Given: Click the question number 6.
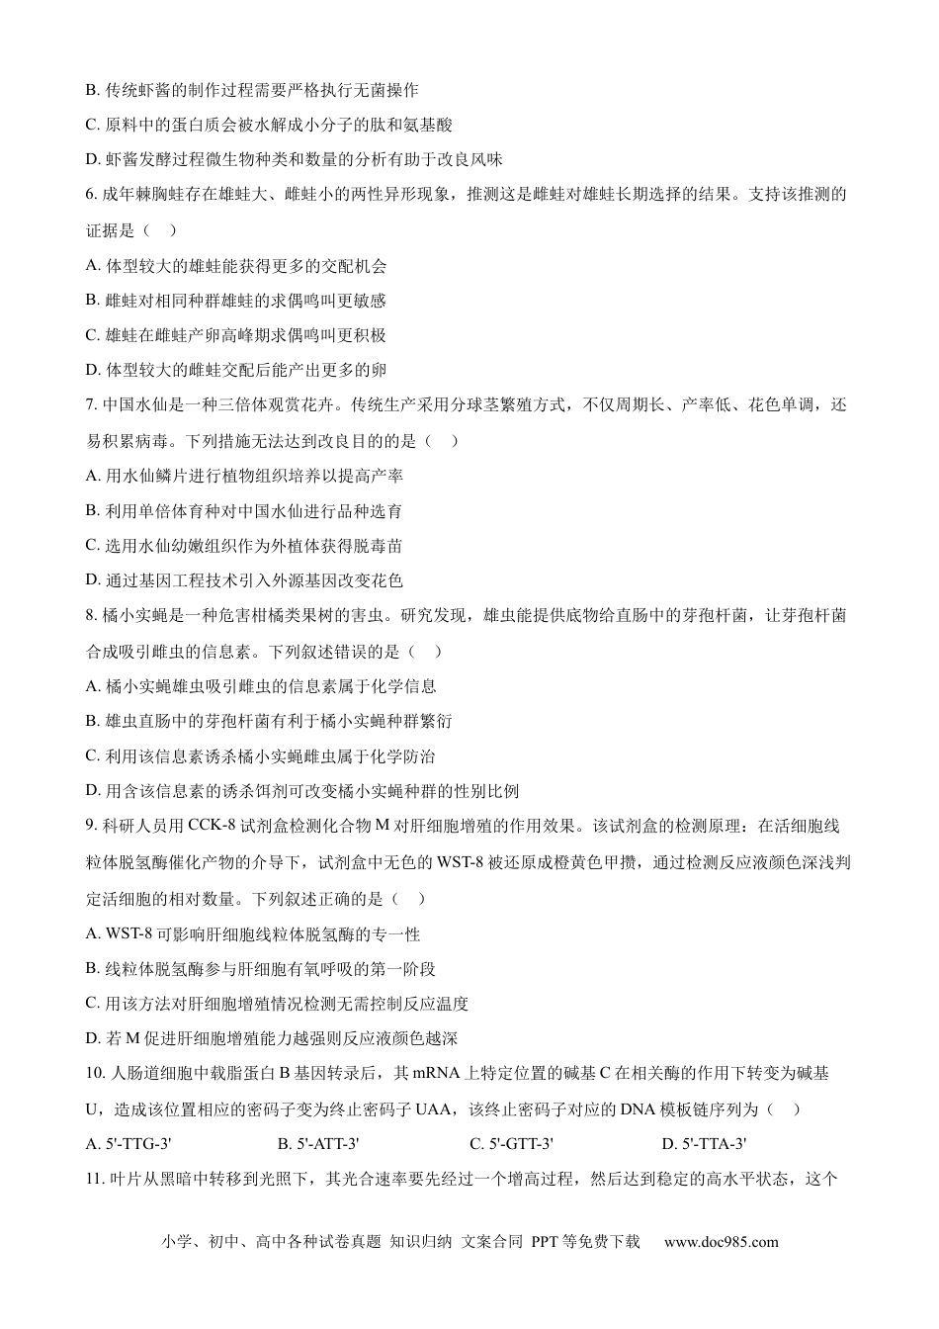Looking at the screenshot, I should (91, 195).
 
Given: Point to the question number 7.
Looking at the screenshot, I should (91, 404).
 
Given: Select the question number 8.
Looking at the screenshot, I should (91, 616).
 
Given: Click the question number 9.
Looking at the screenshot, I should (91, 827).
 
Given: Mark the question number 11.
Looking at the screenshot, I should (95, 1179).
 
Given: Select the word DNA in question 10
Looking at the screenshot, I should (640, 1109).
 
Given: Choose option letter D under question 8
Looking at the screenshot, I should (92, 791).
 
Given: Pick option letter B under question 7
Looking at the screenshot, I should (92, 511).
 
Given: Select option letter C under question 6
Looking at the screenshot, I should (92, 335).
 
